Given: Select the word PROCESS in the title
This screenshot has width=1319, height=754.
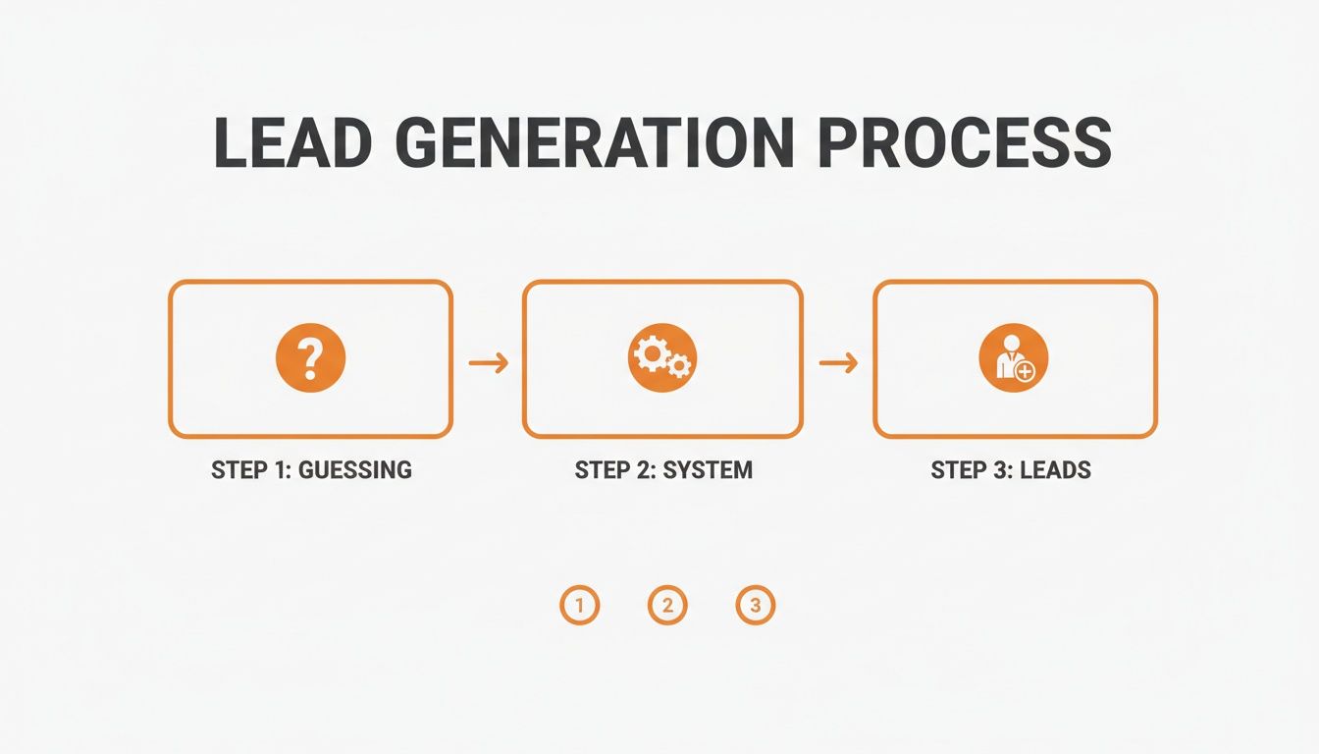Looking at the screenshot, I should tap(964, 143).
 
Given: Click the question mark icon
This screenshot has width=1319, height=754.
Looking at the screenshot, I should tap(310, 359).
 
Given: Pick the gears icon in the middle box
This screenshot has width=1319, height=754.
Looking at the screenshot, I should tap(662, 359).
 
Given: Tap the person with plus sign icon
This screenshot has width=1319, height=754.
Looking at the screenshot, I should tap(1014, 359).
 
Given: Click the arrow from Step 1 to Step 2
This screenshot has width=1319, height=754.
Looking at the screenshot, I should tap(488, 363).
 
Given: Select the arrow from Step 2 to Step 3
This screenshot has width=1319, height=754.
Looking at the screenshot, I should tap(838, 363).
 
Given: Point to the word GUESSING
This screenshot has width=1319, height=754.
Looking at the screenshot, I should tap(354, 470).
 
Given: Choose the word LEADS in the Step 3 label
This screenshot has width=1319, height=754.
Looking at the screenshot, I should tap(1055, 470).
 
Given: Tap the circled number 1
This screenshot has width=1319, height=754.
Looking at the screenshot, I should tap(579, 606).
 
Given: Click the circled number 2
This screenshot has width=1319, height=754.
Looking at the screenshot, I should tap(667, 606).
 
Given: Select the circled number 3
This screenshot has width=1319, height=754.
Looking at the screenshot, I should tap(755, 606).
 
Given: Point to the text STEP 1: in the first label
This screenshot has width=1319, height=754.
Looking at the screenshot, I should tap(251, 470).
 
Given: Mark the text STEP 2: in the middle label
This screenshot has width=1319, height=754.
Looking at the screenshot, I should tap(614, 470).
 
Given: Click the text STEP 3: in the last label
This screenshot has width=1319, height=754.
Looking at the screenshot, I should tap(972, 470).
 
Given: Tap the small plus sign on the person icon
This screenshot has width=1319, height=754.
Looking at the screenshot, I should tap(1027, 372).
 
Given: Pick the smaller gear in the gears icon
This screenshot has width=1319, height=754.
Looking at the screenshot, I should tap(679, 367).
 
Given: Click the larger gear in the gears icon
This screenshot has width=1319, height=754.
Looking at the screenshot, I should tap(652, 353).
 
